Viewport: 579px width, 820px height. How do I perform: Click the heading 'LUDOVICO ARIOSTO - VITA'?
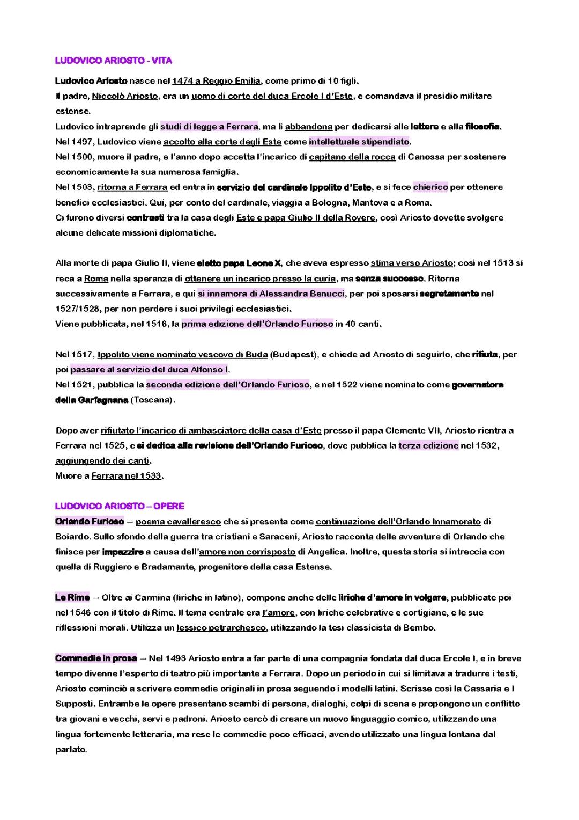(x=114, y=61)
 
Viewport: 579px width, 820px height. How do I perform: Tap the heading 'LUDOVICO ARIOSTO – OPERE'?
(x=120, y=506)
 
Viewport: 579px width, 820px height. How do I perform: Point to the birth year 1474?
(x=182, y=81)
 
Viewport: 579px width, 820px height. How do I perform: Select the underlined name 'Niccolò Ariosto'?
(x=125, y=96)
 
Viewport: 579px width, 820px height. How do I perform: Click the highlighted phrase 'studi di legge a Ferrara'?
(x=209, y=127)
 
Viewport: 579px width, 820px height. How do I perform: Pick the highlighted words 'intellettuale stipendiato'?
(x=359, y=142)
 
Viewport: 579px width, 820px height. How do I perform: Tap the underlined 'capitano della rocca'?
(x=352, y=157)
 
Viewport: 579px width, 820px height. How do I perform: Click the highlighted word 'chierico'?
(x=430, y=187)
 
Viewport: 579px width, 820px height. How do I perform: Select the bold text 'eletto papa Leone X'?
(x=239, y=263)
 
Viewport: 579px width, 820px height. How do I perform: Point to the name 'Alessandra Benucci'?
(x=302, y=294)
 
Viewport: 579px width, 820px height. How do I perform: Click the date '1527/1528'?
(x=77, y=309)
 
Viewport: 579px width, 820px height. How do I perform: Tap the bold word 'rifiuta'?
(x=485, y=355)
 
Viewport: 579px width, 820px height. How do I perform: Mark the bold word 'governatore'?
(x=478, y=385)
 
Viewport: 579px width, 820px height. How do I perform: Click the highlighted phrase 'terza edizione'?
(x=428, y=445)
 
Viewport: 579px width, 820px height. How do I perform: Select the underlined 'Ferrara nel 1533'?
(x=126, y=475)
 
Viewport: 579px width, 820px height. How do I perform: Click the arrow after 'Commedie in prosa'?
(x=143, y=658)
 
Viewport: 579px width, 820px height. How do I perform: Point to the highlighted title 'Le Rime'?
(x=72, y=597)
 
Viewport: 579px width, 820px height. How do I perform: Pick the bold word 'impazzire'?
(x=123, y=552)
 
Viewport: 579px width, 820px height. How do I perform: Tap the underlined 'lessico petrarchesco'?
(x=221, y=628)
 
